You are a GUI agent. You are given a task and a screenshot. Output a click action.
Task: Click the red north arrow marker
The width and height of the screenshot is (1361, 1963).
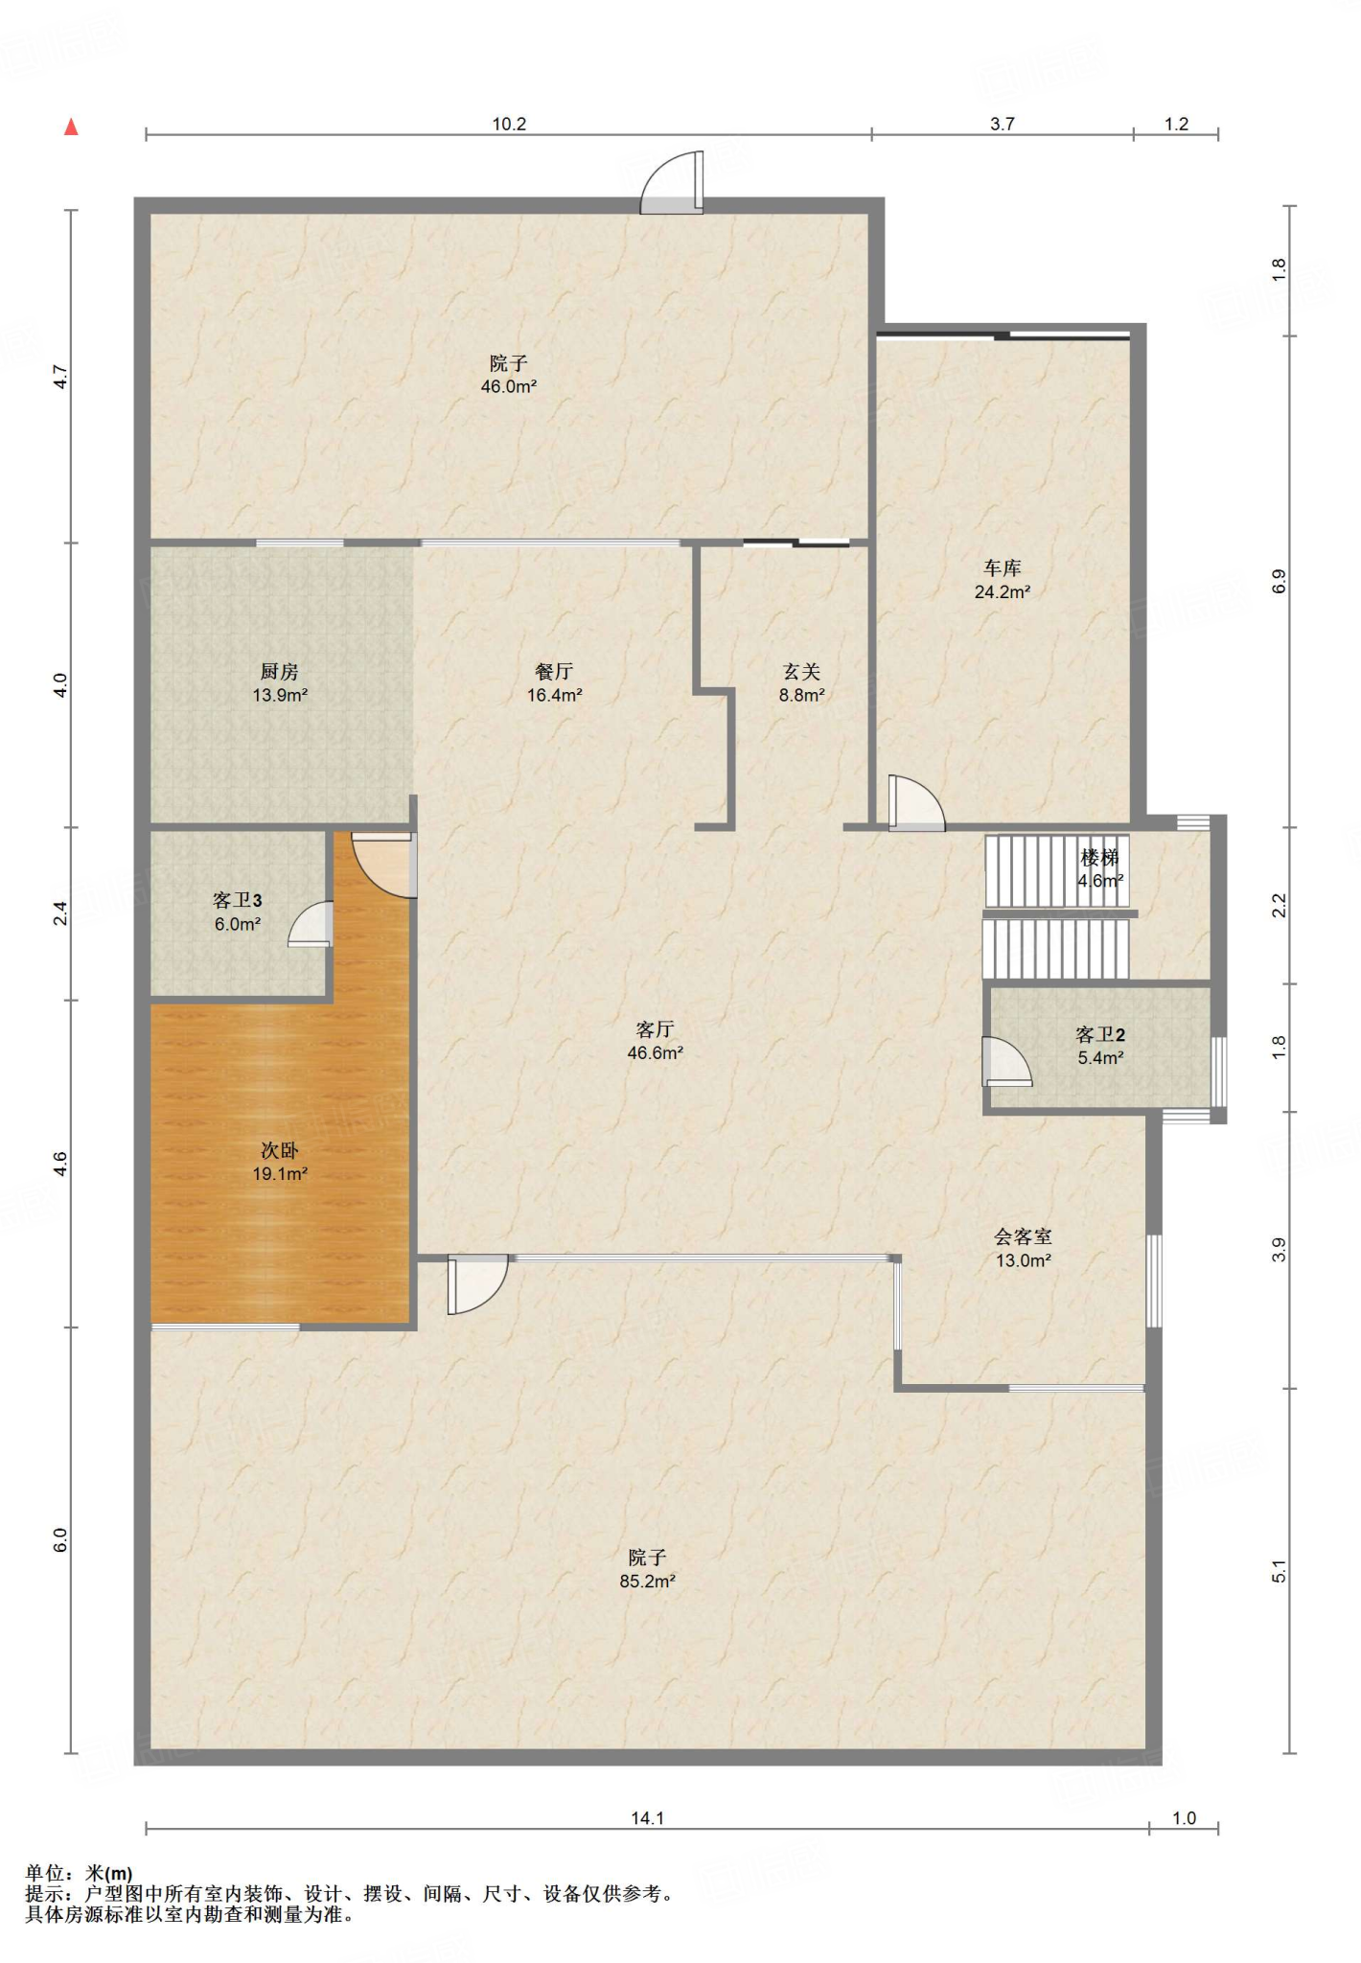[71, 127]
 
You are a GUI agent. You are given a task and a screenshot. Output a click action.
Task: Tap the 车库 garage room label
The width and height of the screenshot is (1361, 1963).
[1003, 568]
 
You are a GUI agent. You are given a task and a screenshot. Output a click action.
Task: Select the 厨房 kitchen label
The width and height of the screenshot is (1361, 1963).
[280, 672]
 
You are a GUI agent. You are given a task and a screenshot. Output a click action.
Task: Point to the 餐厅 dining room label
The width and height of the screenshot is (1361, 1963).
[554, 672]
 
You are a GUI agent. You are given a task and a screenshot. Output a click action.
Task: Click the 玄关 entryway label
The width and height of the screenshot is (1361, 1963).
[801, 672]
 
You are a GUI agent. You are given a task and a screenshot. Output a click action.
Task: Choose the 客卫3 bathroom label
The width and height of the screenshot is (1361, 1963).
[237, 900]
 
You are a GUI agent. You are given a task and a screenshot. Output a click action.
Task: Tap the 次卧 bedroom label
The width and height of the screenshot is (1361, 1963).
[280, 1150]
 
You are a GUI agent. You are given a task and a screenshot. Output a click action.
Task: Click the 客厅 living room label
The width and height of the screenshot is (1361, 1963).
[655, 1029]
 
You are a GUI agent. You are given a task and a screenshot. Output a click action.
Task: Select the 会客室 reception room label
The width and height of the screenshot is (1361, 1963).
[1023, 1237]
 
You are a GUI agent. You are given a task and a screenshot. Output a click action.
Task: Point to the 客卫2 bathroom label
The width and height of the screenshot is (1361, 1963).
[1100, 1034]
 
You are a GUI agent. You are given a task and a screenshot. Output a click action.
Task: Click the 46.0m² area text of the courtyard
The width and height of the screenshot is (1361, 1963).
[509, 387]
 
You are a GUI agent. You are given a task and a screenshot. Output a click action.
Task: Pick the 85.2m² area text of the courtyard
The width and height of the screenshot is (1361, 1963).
[648, 1582]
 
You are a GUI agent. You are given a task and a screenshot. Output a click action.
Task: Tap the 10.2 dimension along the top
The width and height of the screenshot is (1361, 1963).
[509, 124]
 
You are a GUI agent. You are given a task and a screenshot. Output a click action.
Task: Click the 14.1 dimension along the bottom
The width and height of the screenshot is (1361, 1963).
[648, 1818]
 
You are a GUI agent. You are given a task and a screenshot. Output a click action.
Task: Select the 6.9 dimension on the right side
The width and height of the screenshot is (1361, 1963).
[1279, 582]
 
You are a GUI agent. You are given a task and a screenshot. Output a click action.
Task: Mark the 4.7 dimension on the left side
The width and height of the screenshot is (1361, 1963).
[59, 377]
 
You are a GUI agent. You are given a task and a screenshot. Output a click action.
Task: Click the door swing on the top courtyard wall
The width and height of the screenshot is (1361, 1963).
[672, 182]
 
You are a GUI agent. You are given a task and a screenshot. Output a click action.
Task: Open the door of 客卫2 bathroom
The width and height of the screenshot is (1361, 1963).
[1006, 1061]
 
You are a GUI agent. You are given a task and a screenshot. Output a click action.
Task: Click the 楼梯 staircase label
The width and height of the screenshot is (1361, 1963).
[1100, 857]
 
